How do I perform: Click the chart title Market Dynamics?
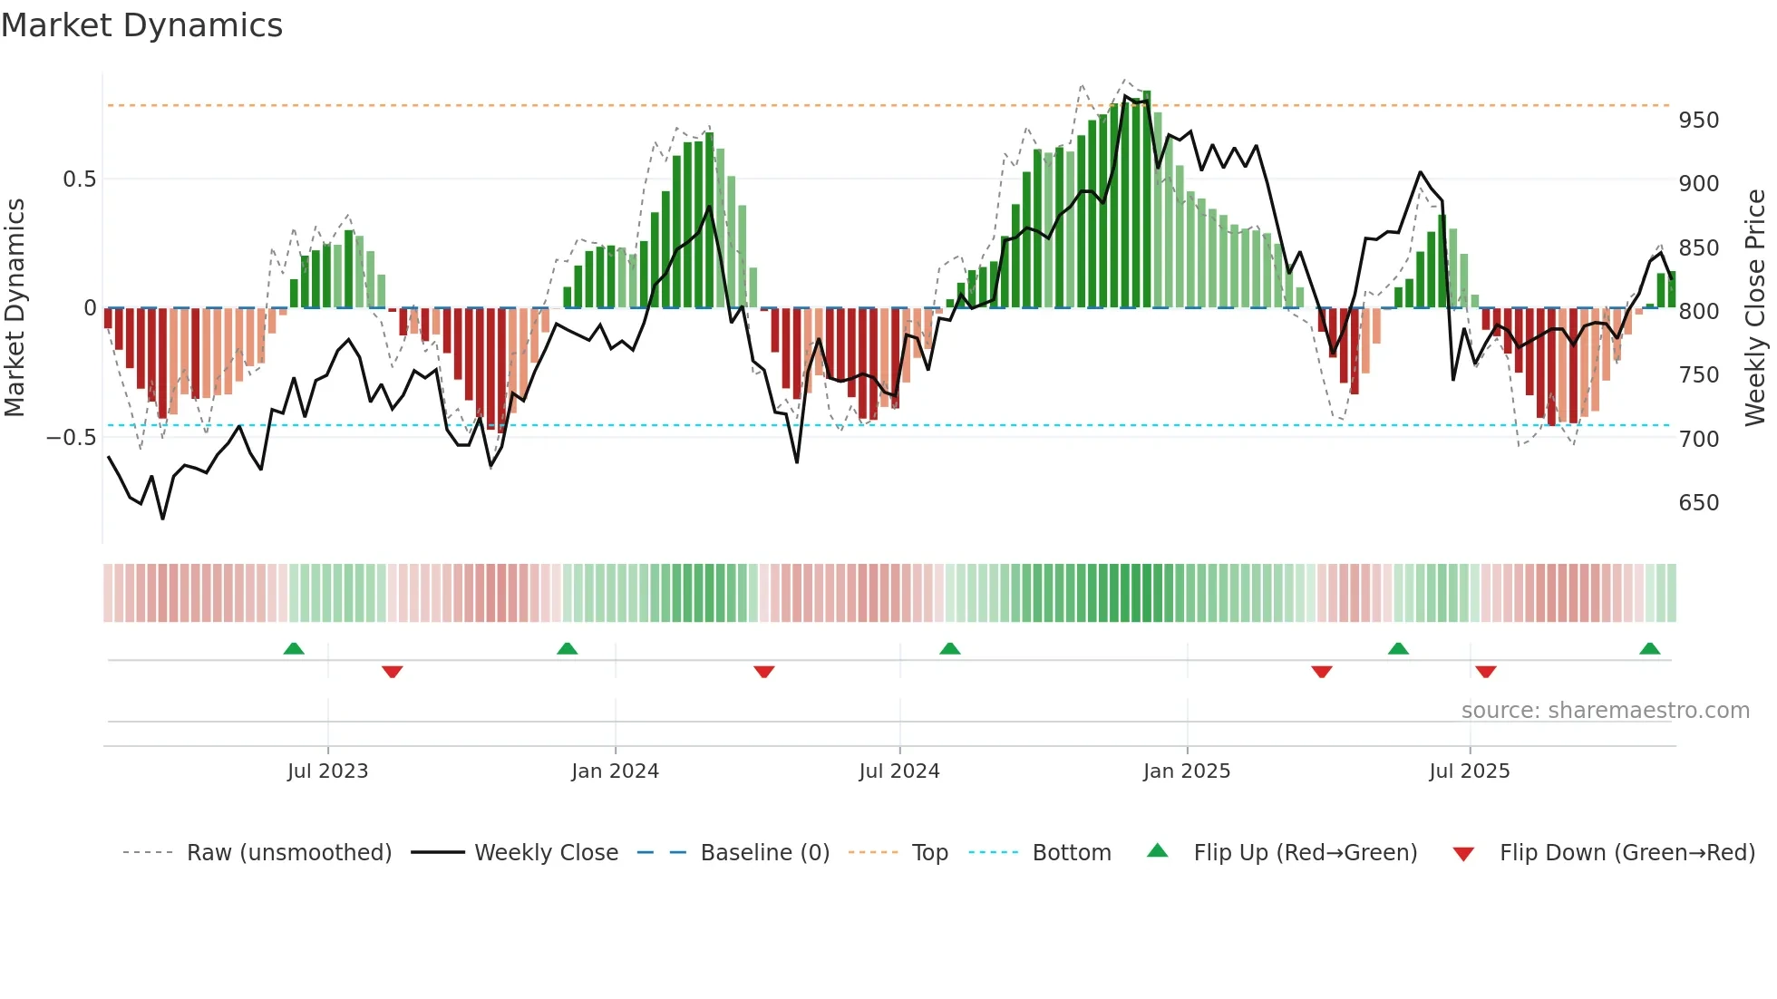point(141,25)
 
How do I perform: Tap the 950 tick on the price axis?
point(1698,121)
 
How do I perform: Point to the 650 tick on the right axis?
point(1698,503)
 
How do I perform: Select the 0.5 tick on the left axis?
point(79,179)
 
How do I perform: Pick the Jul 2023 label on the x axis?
point(327,771)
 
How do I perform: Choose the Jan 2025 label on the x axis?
point(1186,771)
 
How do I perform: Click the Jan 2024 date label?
point(615,771)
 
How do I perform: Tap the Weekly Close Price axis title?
point(1755,308)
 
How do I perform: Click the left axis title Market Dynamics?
point(15,308)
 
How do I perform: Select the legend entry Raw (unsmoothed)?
point(288,853)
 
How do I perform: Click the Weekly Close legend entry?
point(546,853)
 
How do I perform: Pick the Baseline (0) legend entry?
point(764,853)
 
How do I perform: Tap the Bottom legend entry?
point(1071,853)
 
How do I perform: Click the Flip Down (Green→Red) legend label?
point(1626,853)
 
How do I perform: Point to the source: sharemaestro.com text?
point(1605,711)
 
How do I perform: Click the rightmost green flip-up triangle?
point(1649,649)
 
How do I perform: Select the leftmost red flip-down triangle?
point(392,672)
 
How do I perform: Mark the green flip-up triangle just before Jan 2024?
point(567,649)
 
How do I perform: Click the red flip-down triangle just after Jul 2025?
point(1485,672)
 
